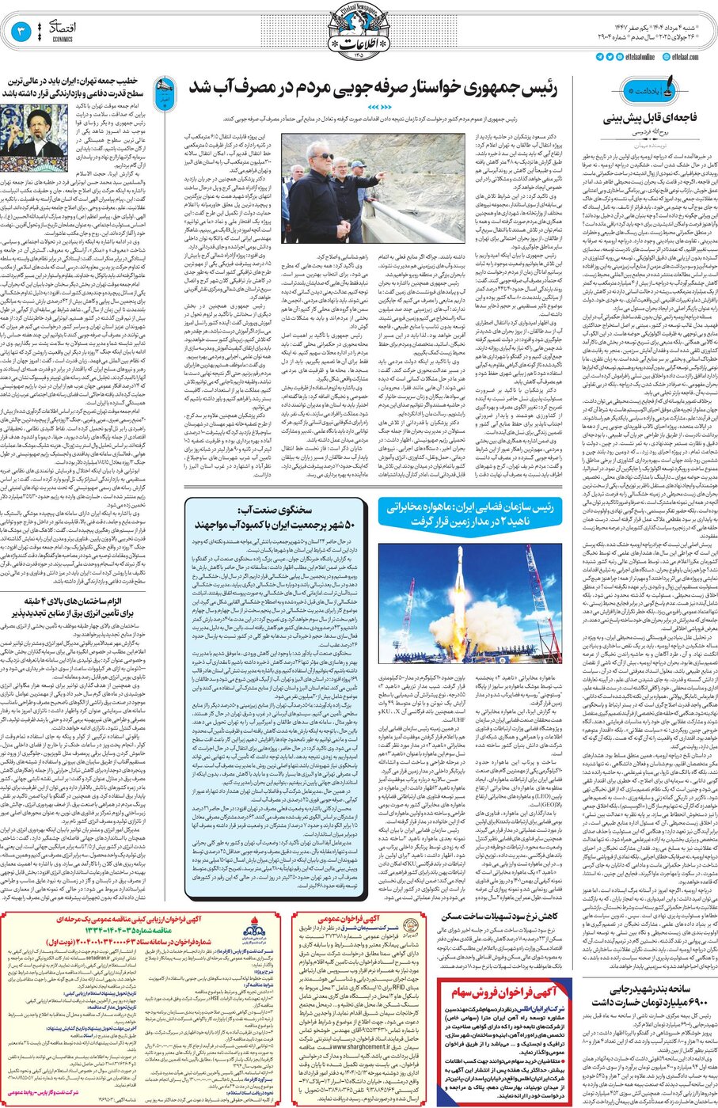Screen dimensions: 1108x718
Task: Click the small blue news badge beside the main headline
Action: [x=165, y=90]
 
